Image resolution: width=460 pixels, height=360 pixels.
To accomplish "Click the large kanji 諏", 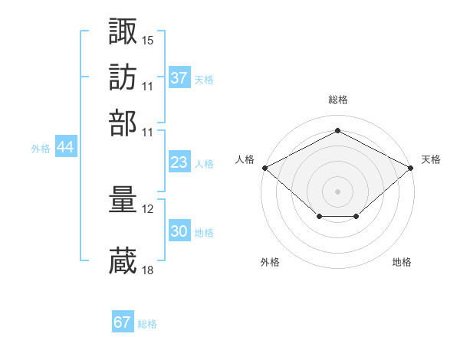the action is pos(123,31).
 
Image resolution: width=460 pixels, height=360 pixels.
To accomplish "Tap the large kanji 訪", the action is pos(123,77).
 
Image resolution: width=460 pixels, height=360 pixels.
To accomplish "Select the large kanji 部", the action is pos(123,123).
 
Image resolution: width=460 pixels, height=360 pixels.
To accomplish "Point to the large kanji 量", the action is pos(123,199).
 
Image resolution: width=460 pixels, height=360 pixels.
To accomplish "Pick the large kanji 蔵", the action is pos(123,260).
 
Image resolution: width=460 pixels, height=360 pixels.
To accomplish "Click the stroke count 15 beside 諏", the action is pos(147,41).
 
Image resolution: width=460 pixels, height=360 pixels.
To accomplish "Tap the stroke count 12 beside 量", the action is pos(147,209).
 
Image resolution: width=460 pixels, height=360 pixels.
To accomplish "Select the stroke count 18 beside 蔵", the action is pos(147,270).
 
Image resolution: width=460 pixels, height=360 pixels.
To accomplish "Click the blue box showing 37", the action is pos(179,77).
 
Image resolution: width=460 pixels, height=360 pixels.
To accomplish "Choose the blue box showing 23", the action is pos(179,162).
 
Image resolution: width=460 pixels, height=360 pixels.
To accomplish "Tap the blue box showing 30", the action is pos(179,230).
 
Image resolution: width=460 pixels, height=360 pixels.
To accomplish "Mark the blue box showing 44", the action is pos(66,146).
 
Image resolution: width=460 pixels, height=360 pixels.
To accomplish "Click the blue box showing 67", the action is pos(123,321).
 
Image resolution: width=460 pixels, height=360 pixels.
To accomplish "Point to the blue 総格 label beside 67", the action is pos(147,324).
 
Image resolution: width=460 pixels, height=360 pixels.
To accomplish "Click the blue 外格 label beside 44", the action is pos(41,149).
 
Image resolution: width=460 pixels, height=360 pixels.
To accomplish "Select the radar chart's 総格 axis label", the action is pos(338,100).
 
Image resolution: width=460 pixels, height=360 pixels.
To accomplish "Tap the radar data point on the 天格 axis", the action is pos(411,168).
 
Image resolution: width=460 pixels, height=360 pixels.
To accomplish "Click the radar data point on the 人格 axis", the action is pos(265,168).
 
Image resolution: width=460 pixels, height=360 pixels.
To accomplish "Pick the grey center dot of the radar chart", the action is pos(337,191).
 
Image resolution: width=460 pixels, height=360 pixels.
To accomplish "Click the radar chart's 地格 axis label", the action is pos(402,262).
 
